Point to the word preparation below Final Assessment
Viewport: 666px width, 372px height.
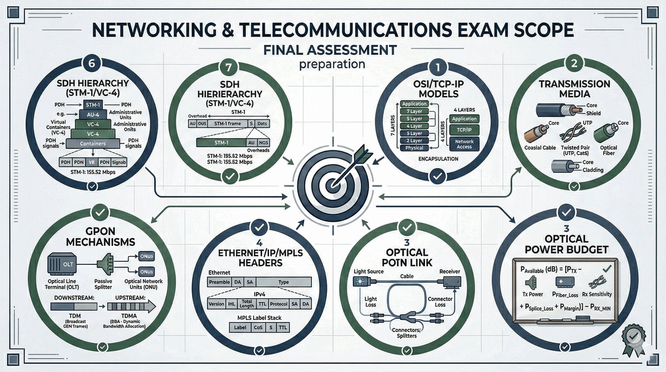[x=332, y=64]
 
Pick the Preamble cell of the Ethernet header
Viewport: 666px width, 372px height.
[x=222, y=283]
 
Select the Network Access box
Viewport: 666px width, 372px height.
[x=465, y=144]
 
